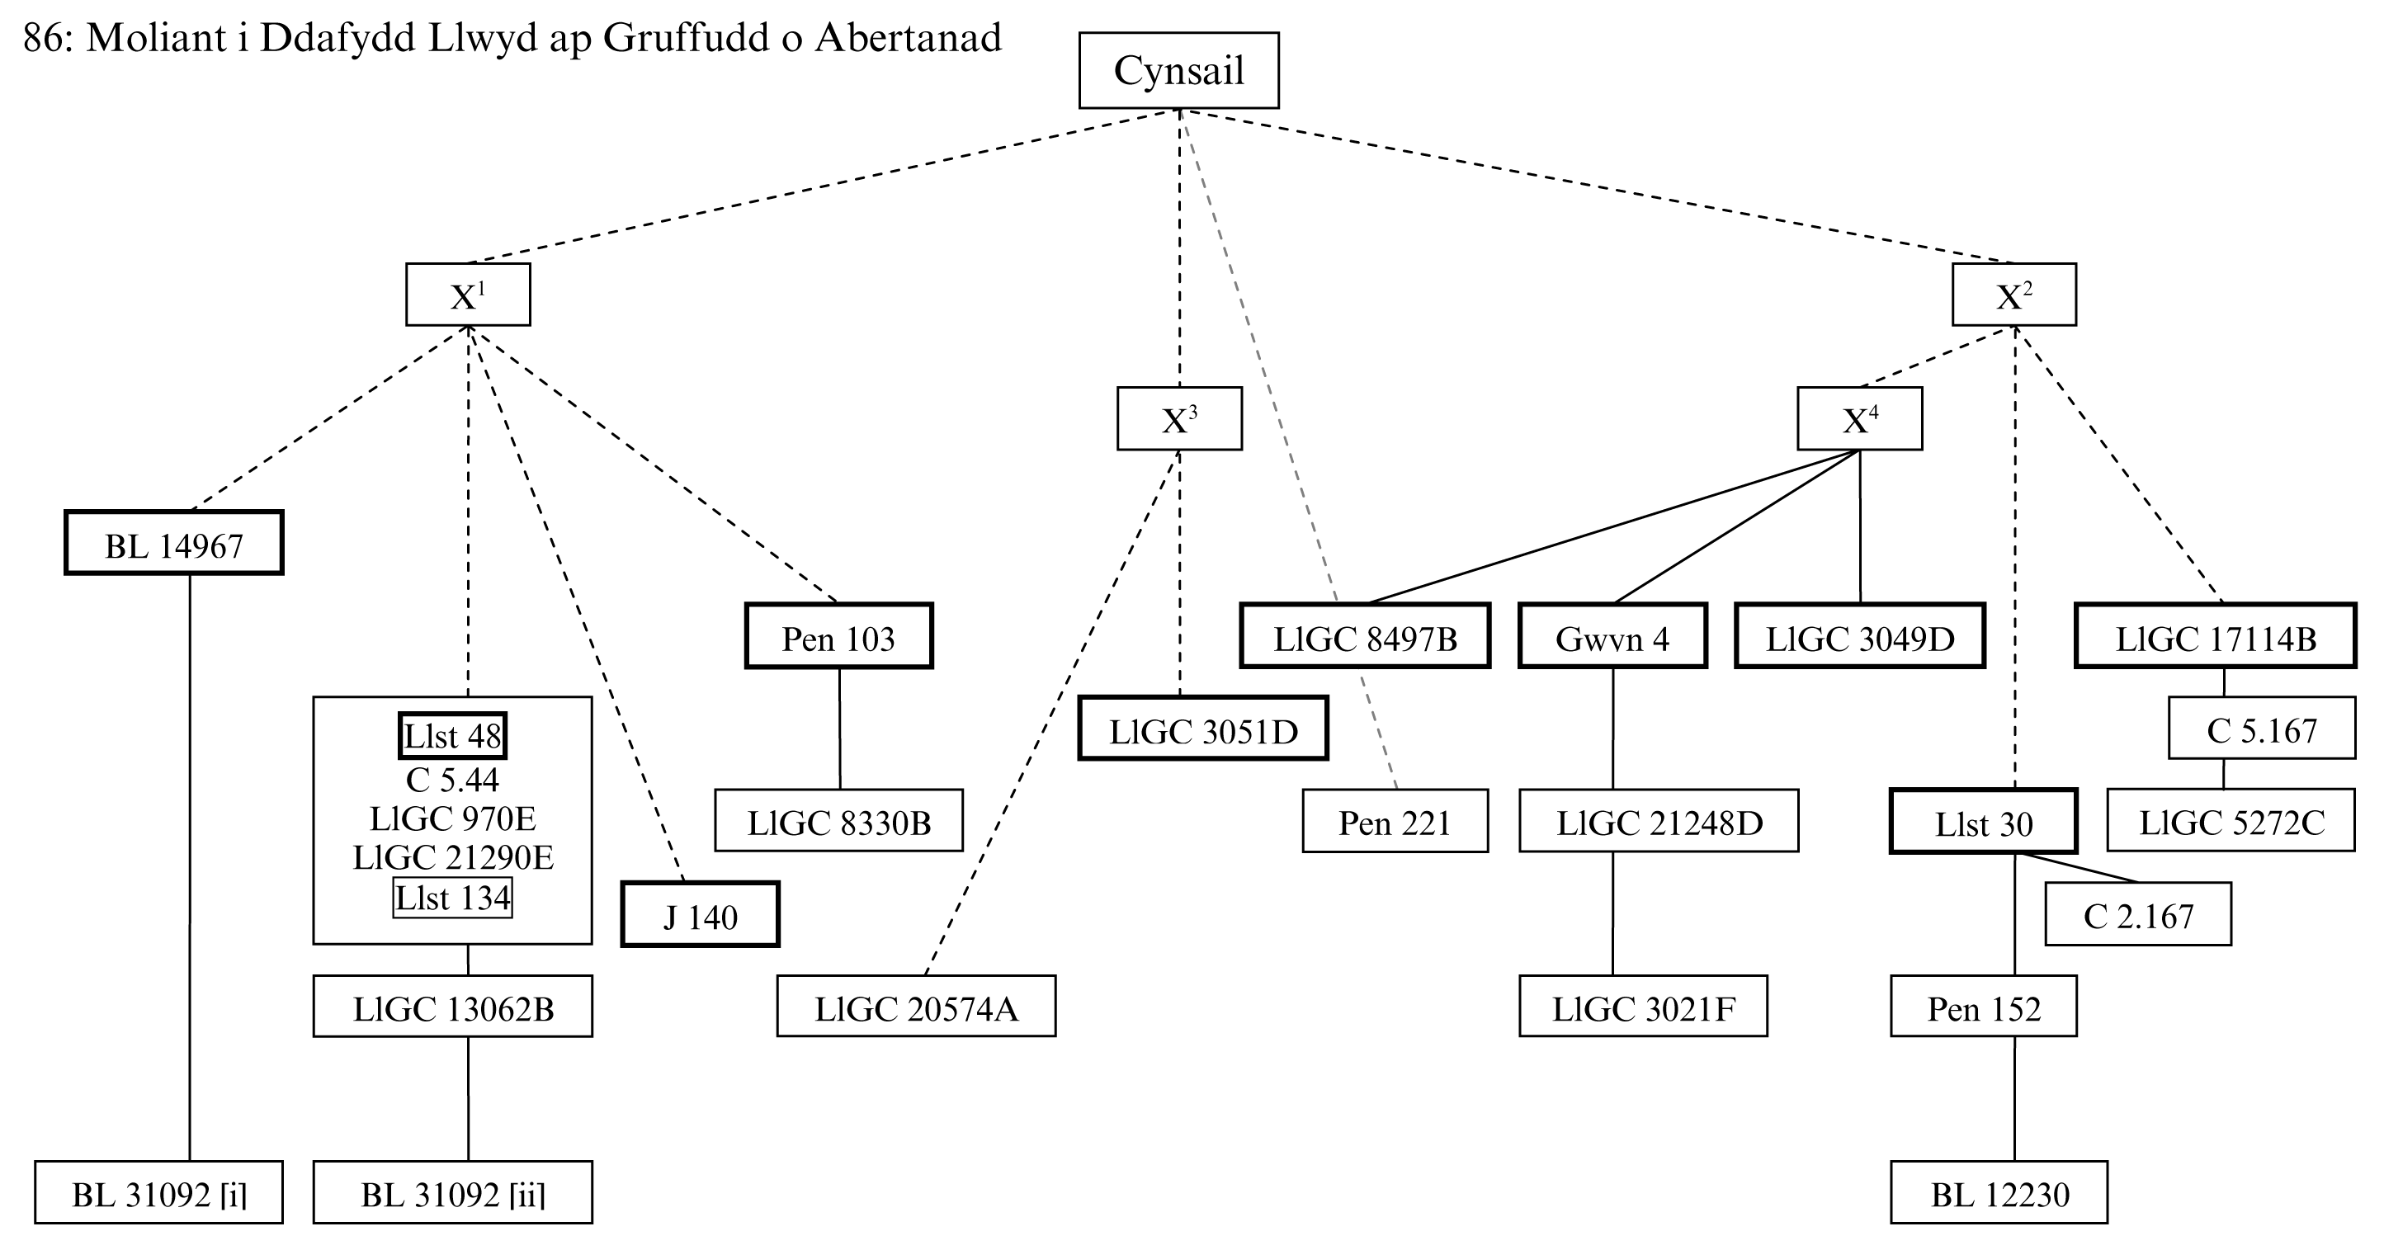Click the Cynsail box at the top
point(1178,70)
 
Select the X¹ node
point(467,295)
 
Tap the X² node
point(2013,295)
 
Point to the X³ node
point(1179,419)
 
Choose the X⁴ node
point(1859,419)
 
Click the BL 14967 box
point(174,543)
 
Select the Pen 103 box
point(838,637)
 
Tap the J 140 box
point(700,915)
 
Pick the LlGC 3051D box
point(1203,729)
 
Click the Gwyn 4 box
point(1612,637)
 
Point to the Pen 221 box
point(1395,821)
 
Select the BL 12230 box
point(1999,1192)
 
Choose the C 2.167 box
point(2138,914)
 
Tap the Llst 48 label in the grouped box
point(452,737)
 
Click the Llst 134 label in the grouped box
point(452,898)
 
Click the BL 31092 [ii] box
point(452,1192)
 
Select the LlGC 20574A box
point(916,1007)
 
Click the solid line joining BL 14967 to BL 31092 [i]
point(190,870)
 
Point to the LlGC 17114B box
point(2216,637)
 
